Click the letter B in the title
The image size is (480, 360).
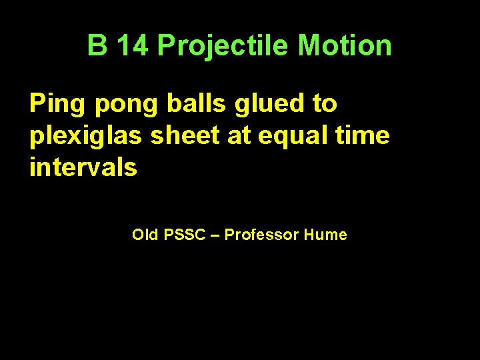click(x=97, y=46)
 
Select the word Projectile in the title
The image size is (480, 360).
click(x=223, y=46)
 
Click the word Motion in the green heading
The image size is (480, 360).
click(x=345, y=46)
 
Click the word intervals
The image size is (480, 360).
click(x=83, y=167)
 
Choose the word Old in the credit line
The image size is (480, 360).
click(x=144, y=235)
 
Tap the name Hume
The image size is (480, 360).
click(x=325, y=235)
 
